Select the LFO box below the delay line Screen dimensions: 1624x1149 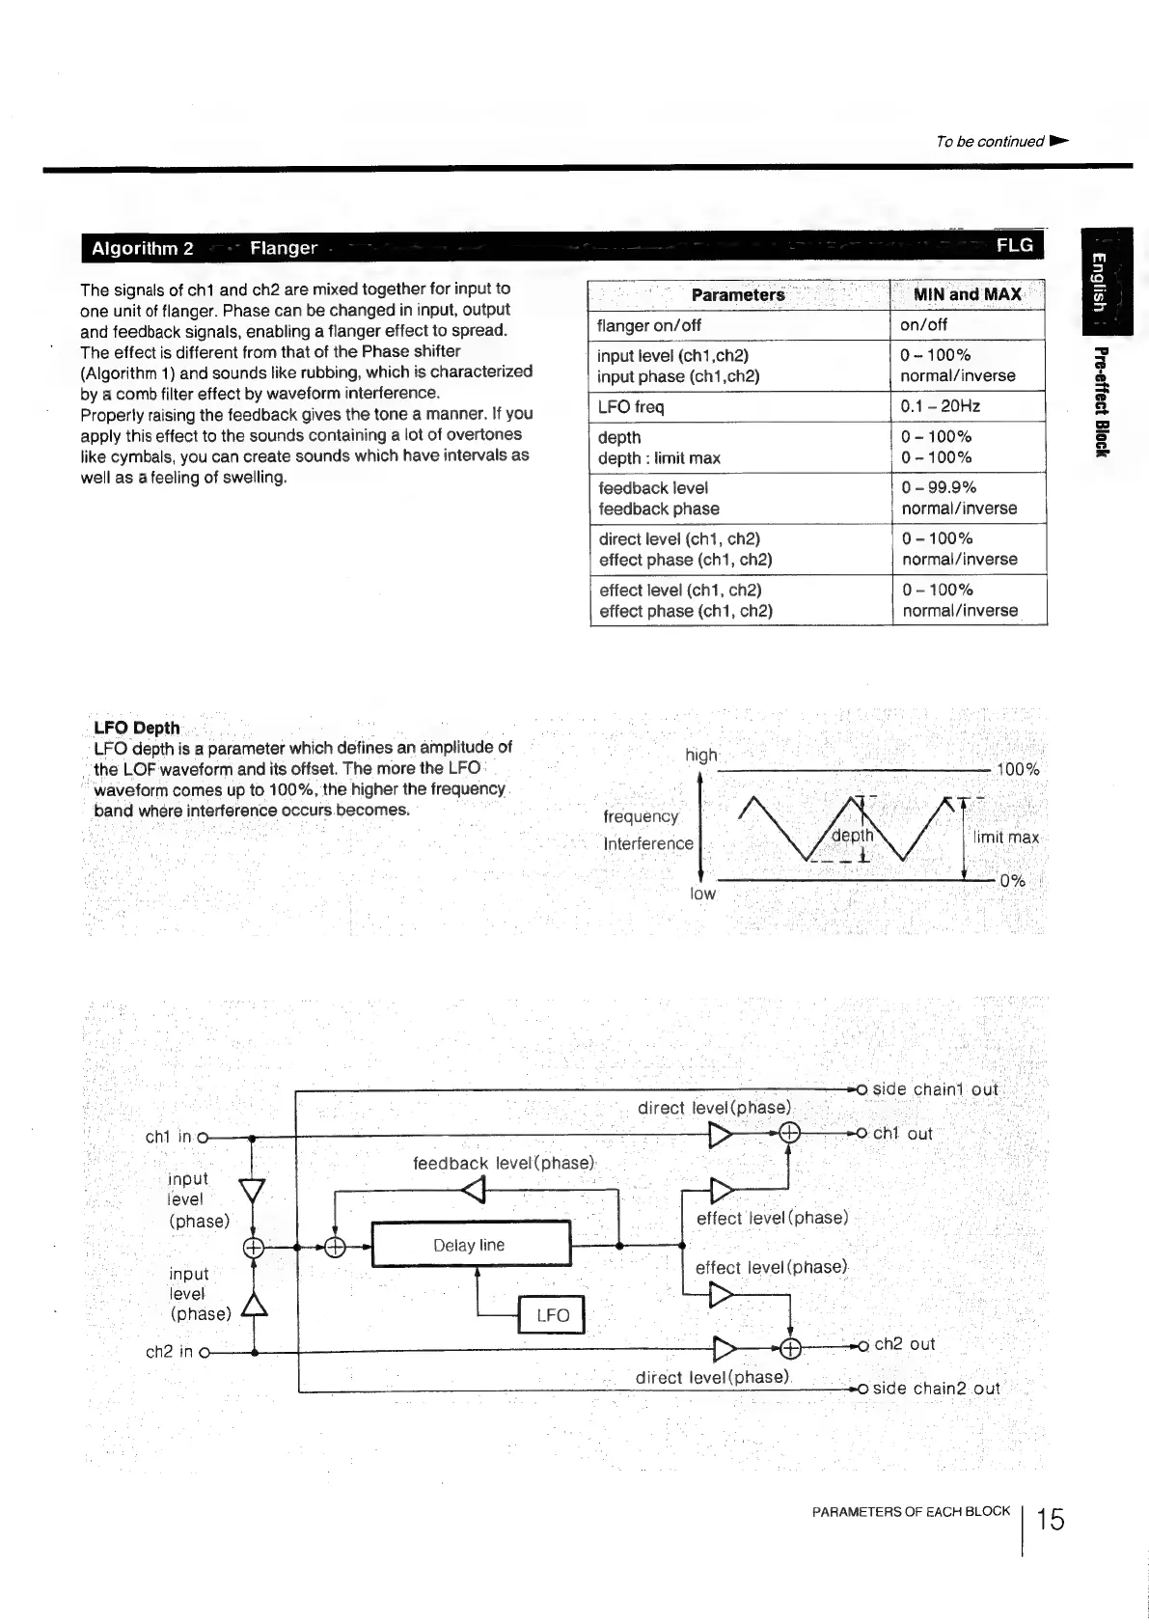click(x=552, y=1314)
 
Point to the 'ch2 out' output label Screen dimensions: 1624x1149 click(x=904, y=1344)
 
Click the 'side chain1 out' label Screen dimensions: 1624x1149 click(x=935, y=1089)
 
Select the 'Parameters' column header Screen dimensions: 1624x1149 click(x=738, y=295)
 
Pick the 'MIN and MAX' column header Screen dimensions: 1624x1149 click(x=967, y=295)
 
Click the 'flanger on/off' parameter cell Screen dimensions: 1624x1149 click(x=649, y=325)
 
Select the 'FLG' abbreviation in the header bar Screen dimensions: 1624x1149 click(x=1015, y=245)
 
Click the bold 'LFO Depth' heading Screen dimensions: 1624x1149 click(x=137, y=728)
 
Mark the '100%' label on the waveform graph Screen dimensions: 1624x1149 click(x=1018, y=769)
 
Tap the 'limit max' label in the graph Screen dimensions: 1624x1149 click(x=1006, y=838)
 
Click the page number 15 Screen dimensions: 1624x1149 click(x=1051, y=1521)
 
